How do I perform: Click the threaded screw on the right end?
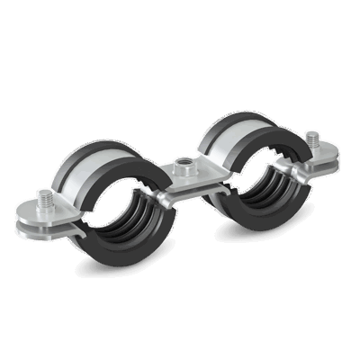[312, 140]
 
